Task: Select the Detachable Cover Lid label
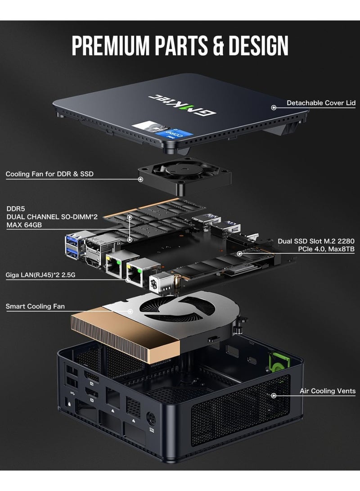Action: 321,103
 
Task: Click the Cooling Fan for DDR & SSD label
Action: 49,174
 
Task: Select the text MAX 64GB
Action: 24,225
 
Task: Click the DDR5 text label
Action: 16,209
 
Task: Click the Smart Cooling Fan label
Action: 35,306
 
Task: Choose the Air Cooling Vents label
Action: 328,391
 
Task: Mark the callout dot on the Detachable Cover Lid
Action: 273,107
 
